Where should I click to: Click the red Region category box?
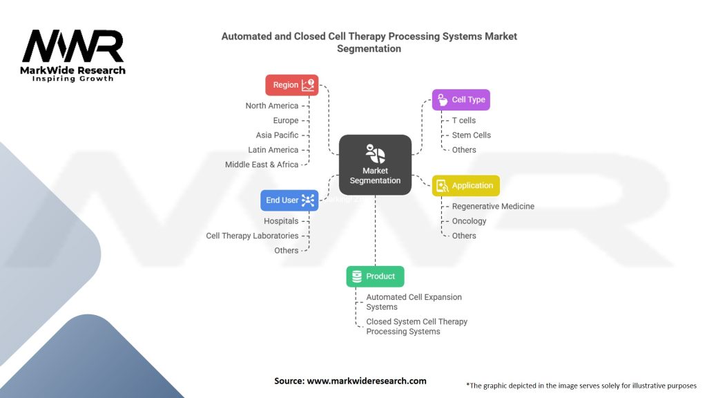coord(292,85)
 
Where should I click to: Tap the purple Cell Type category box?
coord(461,99)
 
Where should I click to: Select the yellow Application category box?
coord(465,185)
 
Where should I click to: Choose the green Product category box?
coord(375,276)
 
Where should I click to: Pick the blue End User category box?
coord(290,200)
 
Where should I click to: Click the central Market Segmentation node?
coord(375,164)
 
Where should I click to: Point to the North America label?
coord(272,106)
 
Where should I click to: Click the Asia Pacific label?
coord(277,135)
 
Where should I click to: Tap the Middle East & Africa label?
coord(262,164)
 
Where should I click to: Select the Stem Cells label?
coord(471,135)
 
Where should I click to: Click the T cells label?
coord(463,120)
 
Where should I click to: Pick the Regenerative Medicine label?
coord(493,207)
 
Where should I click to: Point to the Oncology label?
coord(469,221)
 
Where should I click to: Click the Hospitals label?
coord(281,221)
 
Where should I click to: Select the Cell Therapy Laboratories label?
coord(252,236)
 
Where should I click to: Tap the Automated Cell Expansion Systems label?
coord(414,302)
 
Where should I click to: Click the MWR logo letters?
coord(72,47)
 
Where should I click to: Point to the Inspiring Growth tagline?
coord(72,79)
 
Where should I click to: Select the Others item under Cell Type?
coord(464,150)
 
